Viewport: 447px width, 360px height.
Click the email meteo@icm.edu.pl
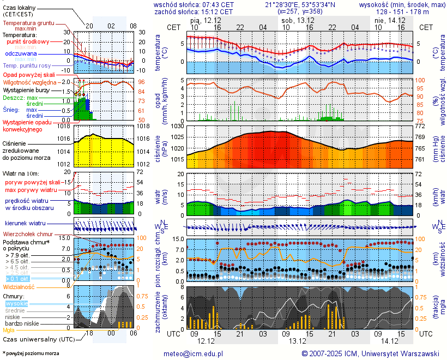[x=194, y=353]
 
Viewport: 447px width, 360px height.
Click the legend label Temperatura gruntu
[x=28, y=23]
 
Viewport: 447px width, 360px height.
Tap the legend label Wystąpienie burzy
[x=25, y=89]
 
